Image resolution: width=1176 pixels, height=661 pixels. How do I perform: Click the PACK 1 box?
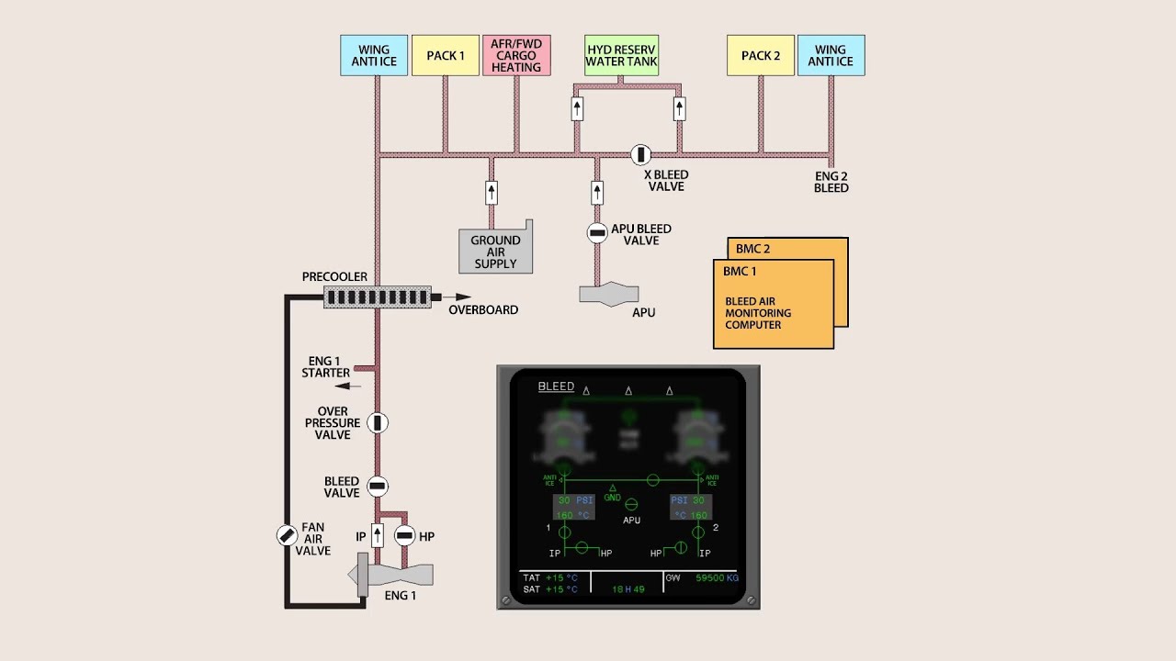pos(446,55)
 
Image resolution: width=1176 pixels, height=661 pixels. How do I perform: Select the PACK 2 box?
pos(761,55)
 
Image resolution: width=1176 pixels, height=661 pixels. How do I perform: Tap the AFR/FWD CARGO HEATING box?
pos(516,55)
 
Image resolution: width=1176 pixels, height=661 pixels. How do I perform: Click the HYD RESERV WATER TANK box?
pos(622,55)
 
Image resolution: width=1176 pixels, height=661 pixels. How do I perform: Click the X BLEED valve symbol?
pos(640,154)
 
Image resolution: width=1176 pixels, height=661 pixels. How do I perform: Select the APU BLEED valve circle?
pos(597,233)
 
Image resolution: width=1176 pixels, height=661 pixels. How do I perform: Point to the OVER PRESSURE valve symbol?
pos(378,422)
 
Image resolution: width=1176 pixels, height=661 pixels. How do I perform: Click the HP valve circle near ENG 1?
pos(404,535)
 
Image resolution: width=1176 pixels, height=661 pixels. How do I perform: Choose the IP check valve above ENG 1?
pos(377,535)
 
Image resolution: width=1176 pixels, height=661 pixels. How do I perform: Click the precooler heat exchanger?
pos(377,297)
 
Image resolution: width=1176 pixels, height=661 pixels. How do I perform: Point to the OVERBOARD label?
pos(483,310)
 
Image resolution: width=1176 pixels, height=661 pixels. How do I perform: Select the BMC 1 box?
pos(774,303)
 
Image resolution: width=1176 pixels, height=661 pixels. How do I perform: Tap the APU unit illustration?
pos(609,294)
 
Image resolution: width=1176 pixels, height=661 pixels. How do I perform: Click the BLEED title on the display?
pos(556,387)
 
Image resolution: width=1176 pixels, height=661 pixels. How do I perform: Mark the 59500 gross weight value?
pos(710,578)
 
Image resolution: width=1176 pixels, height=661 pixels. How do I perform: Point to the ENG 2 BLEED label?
pos(831,181)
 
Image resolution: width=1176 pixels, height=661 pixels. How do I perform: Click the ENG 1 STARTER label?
pos(326,367)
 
